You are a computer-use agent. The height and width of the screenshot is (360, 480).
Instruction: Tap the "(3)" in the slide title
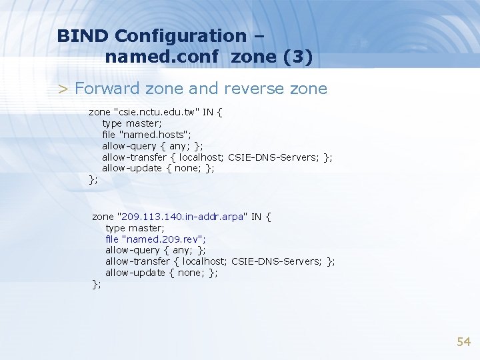coord(297,57)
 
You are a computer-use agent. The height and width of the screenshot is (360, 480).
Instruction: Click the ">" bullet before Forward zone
coord(63,89)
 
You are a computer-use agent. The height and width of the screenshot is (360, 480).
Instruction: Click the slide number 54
coord(463,342)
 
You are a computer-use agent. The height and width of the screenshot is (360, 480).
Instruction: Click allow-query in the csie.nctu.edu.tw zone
coord(129,146)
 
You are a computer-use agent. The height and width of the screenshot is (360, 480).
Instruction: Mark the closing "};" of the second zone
coord(97,285)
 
